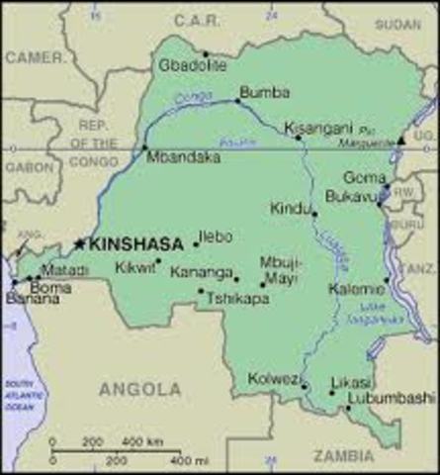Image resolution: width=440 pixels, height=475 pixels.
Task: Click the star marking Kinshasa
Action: coord(80,243)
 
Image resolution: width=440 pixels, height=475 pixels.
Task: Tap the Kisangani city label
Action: coord(313,128)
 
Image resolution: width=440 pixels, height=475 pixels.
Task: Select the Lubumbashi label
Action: coord(381,398)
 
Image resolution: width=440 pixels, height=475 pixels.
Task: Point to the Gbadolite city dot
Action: coord(206,54)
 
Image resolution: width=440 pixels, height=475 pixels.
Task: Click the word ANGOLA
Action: coord(139,389)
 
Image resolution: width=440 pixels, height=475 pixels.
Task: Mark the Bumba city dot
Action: coord(237,101)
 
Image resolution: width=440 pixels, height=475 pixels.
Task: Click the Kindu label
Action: coord(289,208)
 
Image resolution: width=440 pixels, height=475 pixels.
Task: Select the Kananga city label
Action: coord(202,271)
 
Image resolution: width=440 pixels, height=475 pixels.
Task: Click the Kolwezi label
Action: coord(270,379)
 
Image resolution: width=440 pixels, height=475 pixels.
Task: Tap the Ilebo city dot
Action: coord(195,243)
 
